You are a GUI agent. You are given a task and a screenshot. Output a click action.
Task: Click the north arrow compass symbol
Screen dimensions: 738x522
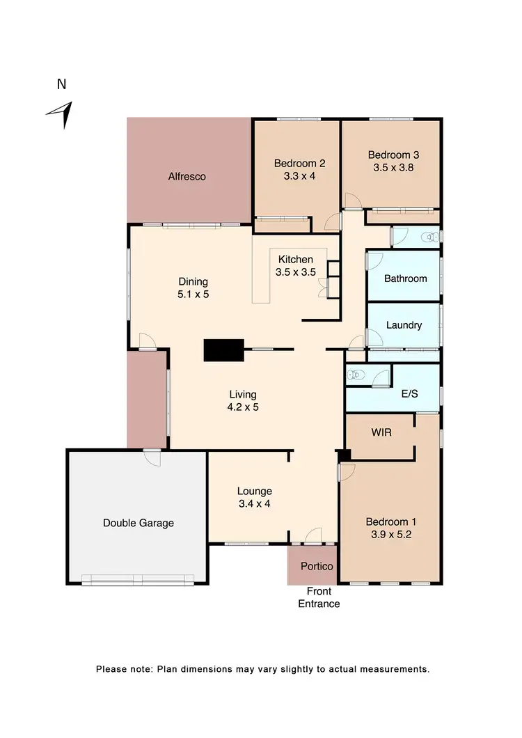[x=61, y=115]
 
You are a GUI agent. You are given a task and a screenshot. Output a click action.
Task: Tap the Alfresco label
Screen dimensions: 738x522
[x=187, y=177]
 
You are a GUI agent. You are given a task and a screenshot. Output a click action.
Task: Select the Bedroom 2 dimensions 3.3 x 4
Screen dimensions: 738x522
[x=299, y=176]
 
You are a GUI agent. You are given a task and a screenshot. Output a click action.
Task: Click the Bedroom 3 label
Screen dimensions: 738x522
[x=393, y=155]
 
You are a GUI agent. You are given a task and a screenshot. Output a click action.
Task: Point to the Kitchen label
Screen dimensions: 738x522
[x=296, y=260]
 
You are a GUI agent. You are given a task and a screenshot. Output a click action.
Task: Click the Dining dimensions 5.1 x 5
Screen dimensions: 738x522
[x=193, y=295]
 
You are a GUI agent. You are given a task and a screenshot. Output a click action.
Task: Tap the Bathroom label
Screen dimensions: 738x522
[x=405, y=278]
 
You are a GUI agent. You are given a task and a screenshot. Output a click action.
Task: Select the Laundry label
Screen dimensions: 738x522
[x=404, y=324]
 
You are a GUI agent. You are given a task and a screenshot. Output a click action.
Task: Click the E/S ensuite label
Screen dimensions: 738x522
[x=409, y=394]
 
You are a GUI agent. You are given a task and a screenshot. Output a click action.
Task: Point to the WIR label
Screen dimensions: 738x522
[x=381, y=432]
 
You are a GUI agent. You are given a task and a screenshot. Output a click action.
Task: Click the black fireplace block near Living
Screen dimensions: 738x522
[x=223, y=350]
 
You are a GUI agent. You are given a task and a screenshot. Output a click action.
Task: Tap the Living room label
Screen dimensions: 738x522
[x=244, y=395]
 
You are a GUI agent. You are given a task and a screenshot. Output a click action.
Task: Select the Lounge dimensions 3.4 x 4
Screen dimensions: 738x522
[x=253, y=503]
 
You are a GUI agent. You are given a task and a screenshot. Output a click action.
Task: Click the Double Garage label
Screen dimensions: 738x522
[x=138, y=523]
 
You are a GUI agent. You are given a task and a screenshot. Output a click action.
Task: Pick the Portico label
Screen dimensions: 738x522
[x=317, y=566]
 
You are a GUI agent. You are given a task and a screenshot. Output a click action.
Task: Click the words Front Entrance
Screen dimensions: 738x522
[x=319, y=598]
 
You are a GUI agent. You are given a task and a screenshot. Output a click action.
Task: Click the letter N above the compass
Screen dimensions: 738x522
[x=61, y=85]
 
